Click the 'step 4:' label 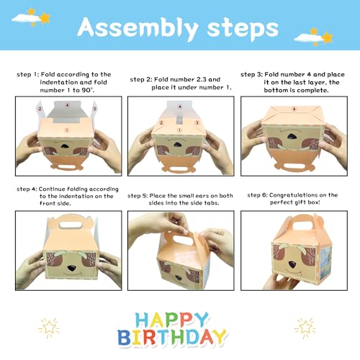click(28, 189)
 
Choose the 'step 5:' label click(140, 195)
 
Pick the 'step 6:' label click(260, 195)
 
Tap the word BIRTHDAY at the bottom click(179, 338)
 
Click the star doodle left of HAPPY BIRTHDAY click(48, 328)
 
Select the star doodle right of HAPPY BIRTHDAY click(305, 328)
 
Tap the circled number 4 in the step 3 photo click(293, 109)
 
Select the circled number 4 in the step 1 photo click(67, 104)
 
